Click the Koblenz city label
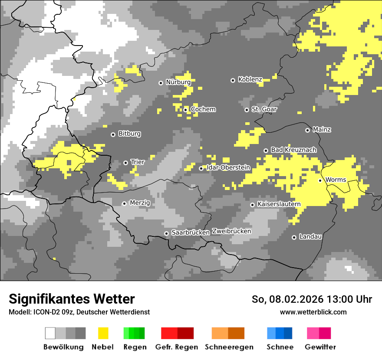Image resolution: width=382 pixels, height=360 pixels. (x=250, y=79)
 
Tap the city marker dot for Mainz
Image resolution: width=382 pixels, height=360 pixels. (x=307, y=130)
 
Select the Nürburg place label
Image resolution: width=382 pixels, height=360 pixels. (x=178, y=82)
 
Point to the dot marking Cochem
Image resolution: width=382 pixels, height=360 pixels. (x=185, y=110)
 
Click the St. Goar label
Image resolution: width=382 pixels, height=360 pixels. (x=264, y=109)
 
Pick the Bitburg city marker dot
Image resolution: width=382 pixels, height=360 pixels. (x=113, y=134)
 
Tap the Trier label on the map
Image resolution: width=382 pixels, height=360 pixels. (x=138, y=162)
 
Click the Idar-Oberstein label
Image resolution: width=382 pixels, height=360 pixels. (x=228, y=167)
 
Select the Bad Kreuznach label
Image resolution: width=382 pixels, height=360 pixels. (x=293, y=150)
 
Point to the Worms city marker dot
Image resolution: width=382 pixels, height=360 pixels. (x=320, y=180)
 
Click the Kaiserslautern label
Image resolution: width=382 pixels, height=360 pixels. (x=278, y=204)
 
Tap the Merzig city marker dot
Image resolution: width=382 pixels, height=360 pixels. (x=124, y=203)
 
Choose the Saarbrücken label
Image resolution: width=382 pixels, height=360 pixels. (x=191, y=232)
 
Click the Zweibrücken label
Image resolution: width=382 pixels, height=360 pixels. (x=231, y=231)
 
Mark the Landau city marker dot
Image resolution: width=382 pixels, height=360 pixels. (x=294, y=237)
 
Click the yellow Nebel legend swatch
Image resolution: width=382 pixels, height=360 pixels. (x=103, y=333)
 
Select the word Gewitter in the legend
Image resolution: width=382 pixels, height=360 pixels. (x=320, y=347)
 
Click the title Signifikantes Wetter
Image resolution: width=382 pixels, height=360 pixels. (x=72, y=299)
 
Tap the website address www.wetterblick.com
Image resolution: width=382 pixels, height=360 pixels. (x=313, y=312)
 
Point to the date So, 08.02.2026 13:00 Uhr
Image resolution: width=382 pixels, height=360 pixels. (x=312, y=299)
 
